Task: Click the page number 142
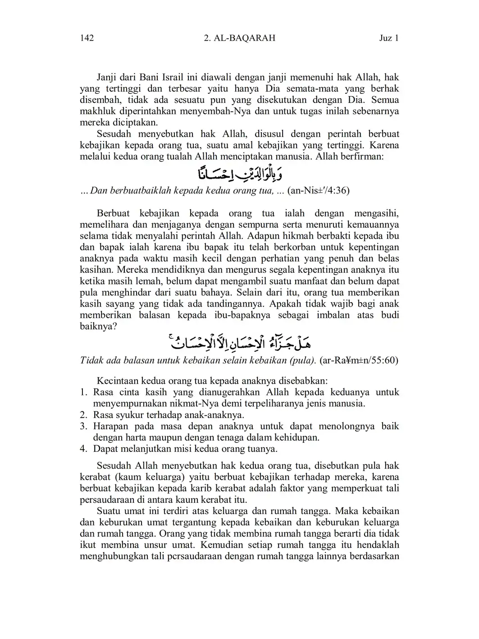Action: click(x=87, y=38)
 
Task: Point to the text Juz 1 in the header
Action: click(x=389, y=38)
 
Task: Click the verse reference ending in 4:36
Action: click(x=318, y=190)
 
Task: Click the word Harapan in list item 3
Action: click(x=110, y=426)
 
